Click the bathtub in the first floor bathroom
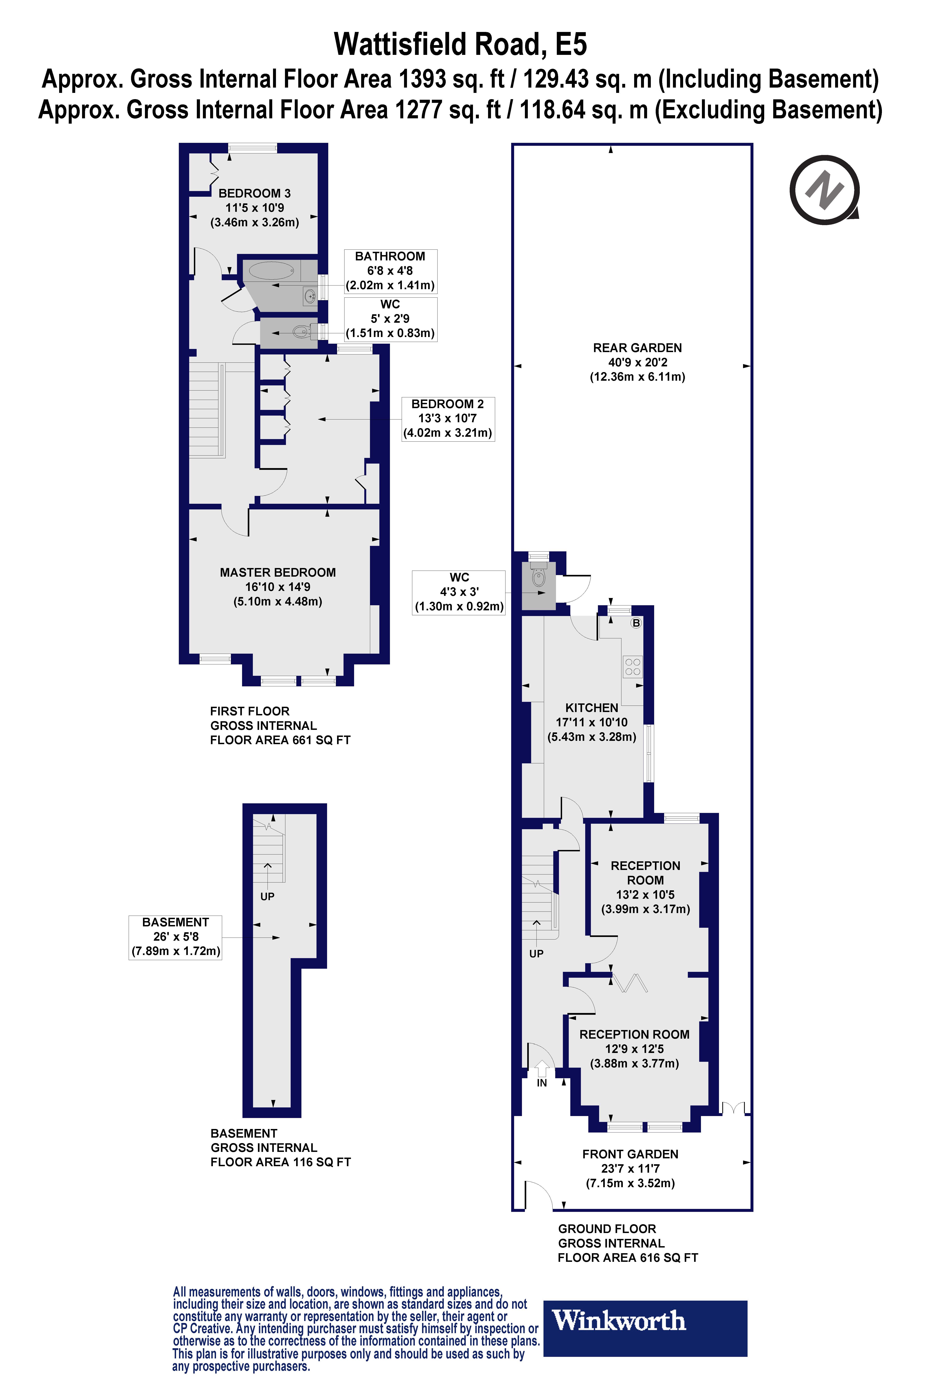coord(271,271)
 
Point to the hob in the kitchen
coord(632,667)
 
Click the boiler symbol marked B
coord(636,623)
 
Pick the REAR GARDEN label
coord(637,348)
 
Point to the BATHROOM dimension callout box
coord(390,271)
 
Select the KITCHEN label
coord(592,708)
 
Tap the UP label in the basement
coord(267,896)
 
